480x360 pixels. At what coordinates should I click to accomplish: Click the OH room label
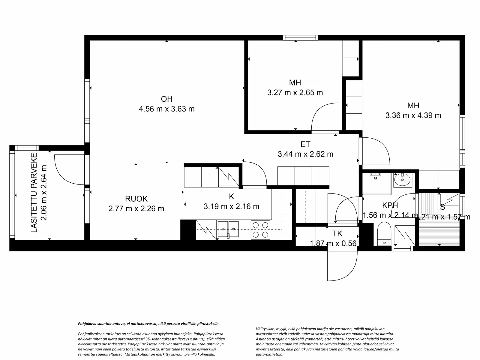pyautogui.click(x=166, y=99)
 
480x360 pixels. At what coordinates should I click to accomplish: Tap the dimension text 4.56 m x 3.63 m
pyautogui.click(x=166, y=109)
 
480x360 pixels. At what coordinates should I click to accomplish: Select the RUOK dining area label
pyautogui.click(x=136, y=199)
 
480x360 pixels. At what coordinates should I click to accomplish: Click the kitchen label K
pyautogui.click(x=231, y=197)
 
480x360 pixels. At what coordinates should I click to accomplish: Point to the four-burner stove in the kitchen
pyautogui.click(x=260, y=230)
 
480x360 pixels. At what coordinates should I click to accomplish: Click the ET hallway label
pyautogui.click(x=305, y=145)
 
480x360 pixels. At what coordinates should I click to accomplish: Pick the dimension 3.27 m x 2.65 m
pyautogui.click(x=295, y=93)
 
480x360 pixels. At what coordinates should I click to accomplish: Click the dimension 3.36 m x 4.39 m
pyautogui.click(x=413, y=115)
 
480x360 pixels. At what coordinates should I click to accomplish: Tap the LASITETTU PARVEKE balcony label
pyautogui.click(x=34, y=193)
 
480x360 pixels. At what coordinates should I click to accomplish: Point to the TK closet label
pyautogui.click(x=337, y=234)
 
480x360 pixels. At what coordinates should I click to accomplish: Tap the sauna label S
pyautogui.click(x=442, y=207)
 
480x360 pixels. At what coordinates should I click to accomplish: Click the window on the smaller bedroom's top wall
pyautogui.click(x=301, y=38)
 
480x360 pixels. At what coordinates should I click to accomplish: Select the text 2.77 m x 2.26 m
pyautogui.click(x=136, y=208)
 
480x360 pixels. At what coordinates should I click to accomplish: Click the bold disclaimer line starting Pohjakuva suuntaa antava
pyautogui.click(x=148, y=324)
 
